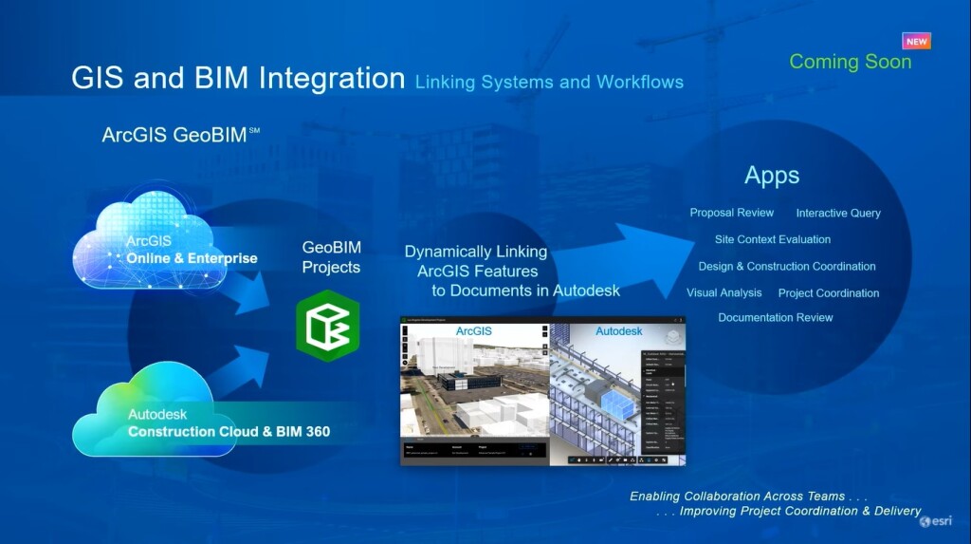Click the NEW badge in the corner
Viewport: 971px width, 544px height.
tap(916, 41)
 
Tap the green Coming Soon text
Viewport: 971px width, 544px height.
tap(850, 62)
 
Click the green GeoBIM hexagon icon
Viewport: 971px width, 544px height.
tap(328, 326)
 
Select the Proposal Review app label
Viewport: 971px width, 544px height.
tap(731, 213)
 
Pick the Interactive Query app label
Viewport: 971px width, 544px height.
tap(838, 213)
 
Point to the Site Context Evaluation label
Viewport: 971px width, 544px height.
tap(772, 239)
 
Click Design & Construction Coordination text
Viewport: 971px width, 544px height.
tap(787, 266)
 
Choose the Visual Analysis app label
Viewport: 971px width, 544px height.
tap(724, 292)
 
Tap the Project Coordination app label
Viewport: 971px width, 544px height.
tap(828, 292)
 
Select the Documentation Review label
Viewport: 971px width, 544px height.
tap(775, 317)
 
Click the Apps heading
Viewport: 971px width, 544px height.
tap(772, 176)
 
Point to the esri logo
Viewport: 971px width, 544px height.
tap(937, 521)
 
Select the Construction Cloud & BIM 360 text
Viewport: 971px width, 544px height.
tap(229, 431)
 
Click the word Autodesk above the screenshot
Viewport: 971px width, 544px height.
tap(618, 331)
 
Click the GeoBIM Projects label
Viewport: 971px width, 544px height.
tap(331, 257)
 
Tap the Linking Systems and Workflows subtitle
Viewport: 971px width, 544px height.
tap(549, 82)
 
